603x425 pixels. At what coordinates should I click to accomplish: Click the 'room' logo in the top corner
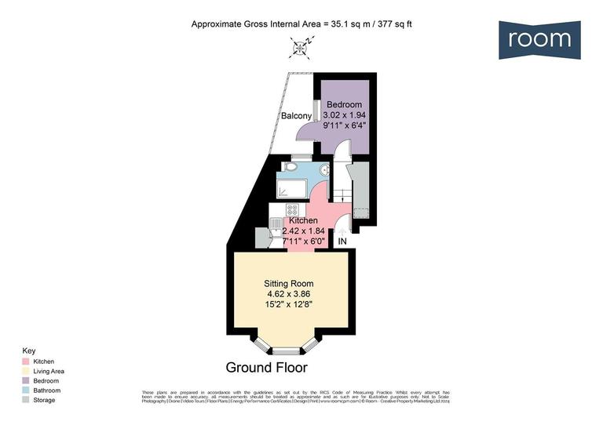tap(539, 39)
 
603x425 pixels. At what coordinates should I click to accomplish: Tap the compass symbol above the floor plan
tap(301, 49)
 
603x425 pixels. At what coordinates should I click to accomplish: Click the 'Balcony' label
tap(297, 118)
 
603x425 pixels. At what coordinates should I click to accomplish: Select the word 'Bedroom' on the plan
tap(344, 105)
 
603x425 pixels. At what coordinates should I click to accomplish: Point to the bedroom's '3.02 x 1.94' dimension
tap(344, 115)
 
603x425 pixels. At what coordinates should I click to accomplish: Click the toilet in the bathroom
tap(289, 166)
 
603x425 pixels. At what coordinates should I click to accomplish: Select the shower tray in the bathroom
tap(292, 188)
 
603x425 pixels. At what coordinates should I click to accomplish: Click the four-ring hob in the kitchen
tap(292, 210)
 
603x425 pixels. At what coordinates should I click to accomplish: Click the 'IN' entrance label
tap(342, 242)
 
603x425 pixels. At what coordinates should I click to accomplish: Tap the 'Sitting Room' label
tap(290, 284)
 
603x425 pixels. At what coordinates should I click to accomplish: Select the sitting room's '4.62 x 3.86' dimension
tap(290, 294)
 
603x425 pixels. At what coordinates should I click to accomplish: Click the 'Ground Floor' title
tap(267, 367)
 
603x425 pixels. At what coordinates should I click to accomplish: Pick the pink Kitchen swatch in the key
tap(26, 361)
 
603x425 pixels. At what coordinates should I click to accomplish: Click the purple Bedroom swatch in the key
tap(26, 380)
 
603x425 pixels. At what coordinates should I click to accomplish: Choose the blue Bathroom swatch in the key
tap(26, 390)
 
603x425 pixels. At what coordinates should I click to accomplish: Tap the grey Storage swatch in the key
tap(26, 399)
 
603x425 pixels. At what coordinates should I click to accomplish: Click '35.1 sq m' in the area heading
tap(349, 24)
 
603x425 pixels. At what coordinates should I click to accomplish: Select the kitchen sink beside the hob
tap(276, 223)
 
